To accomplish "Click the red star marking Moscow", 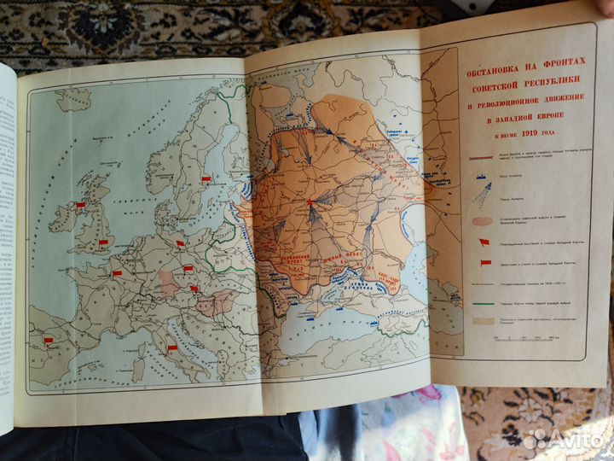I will click(x=310, y=201).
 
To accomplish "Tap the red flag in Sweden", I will click(x=206, y=179).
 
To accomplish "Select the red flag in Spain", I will click(x=48, y=341).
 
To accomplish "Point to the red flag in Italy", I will click(x=171, y=347).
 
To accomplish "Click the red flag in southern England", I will click(x=103, y=243).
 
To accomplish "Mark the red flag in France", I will click(x=117, y=273).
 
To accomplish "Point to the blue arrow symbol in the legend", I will click(x=483, y=195).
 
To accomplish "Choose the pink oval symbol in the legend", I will click(x=483, y=219).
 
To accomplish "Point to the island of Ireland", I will click(x=65, y=217).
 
